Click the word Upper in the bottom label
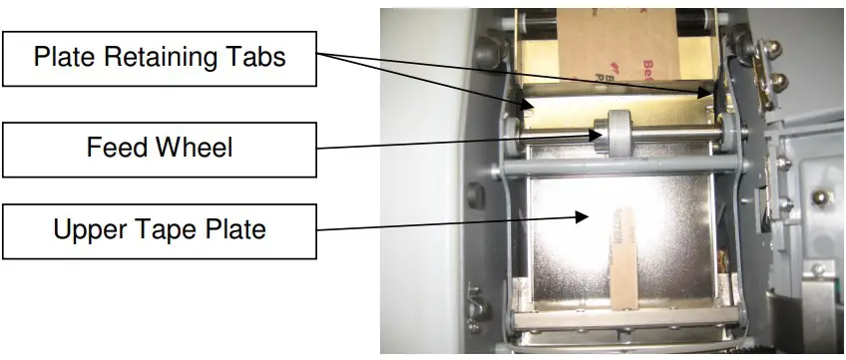tap(91, 229)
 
